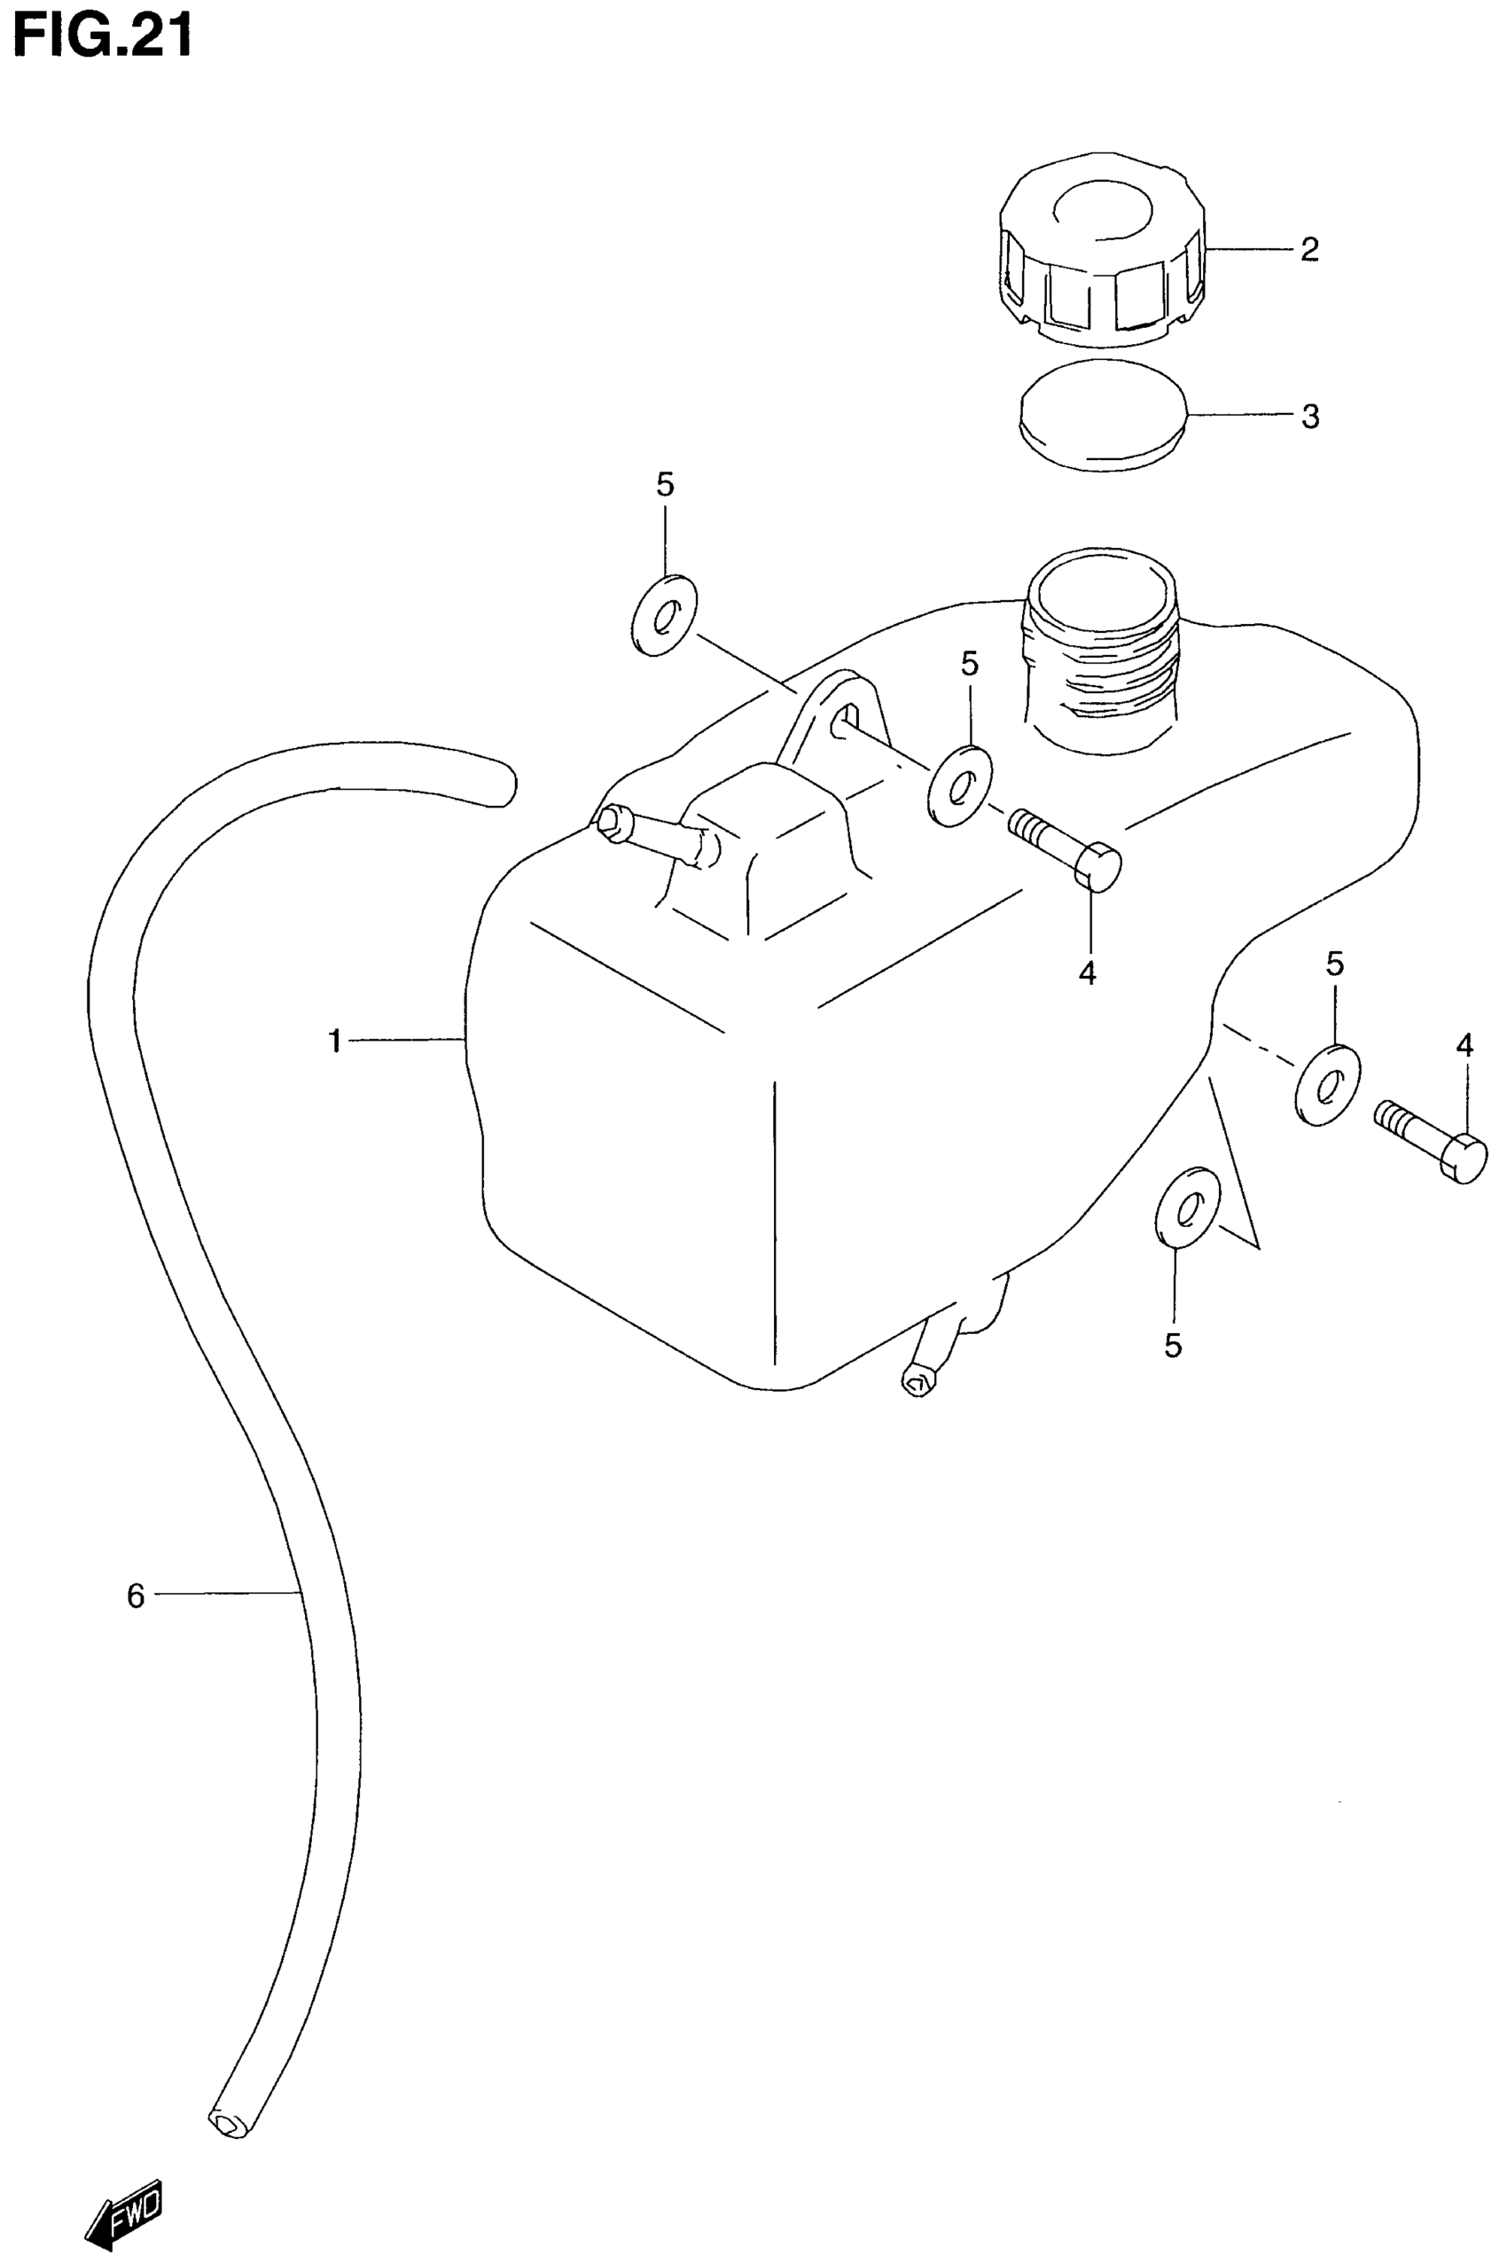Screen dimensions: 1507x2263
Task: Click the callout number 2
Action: pyautogui.click(x=1309, y=250)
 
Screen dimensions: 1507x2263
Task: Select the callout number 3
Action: pyautogui.click(x=1310, y=417)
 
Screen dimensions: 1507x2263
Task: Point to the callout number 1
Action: pyautogui.click(x=334, y=1041)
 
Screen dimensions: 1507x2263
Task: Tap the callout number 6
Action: pyautogui.click(x=136, y=1596)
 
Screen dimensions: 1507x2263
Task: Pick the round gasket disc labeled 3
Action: pyautogui.click(x=1101, y=415)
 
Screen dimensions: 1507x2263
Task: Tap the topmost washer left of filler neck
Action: pyautogui.click(x=664, y=616)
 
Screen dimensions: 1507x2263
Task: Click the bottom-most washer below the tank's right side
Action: pyautogui.click(x=1187, y=1207)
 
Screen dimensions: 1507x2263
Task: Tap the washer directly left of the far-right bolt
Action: pyautogui.click(x=1327, y=1083)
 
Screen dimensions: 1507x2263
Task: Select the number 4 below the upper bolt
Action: pyautogui.click(x=1087, y=973)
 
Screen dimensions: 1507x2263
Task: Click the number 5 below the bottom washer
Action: pyautogui.click(x=1173, y=1346)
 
